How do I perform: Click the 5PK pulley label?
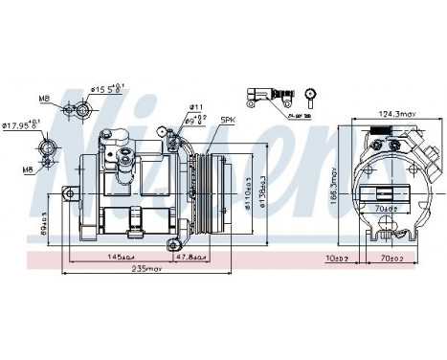228,120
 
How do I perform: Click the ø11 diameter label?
196,107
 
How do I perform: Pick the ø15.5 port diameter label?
107,91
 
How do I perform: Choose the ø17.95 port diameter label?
21,124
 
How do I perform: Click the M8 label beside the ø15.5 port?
45,99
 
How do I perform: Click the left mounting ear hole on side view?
69,194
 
